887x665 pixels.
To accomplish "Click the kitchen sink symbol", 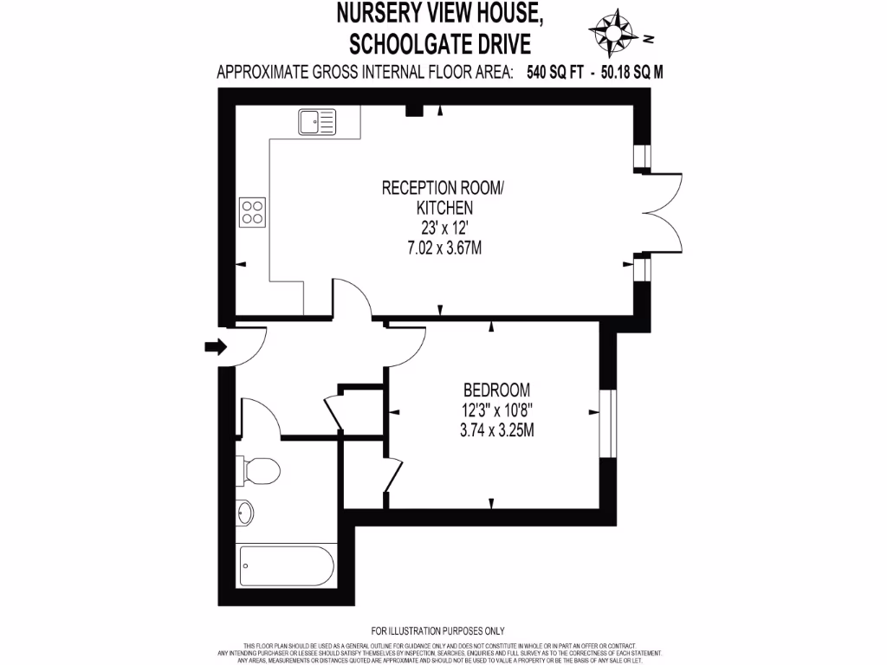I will pyautogui.click(x=318, y=122).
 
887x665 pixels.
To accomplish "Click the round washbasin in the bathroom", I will pyautogui.click(x=246, y=513).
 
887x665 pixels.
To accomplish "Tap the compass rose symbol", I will pyautogui.click(x=614, y=31).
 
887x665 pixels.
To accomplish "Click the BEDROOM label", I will pyautogui.click(x=496, y=389).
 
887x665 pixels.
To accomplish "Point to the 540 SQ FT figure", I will pyautogui.click(x=554, y=73).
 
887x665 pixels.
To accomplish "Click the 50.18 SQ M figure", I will pyautogui.click(x=633, y=73).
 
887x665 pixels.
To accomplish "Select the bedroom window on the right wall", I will pyautogui.click(x=608, y=423).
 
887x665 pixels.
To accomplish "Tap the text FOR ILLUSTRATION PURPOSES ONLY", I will pyautogui.click(x=437, y=630).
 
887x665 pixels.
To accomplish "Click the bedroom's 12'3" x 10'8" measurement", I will pyautogui.click(x=496, y=410).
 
